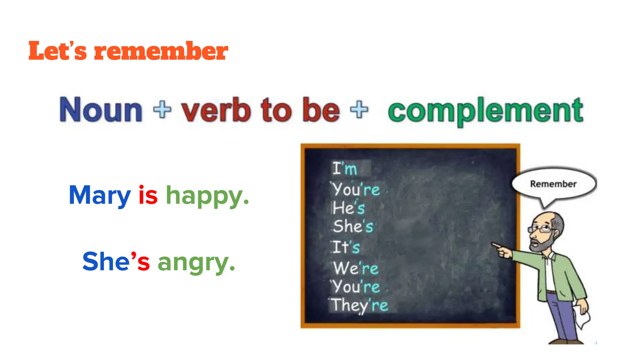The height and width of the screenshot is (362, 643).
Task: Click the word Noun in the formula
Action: (x=101, y=110)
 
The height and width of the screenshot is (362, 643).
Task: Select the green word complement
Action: (x=485, y=111)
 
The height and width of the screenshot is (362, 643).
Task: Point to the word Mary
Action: (x=100, y=195)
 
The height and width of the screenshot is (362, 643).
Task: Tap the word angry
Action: (x=196, y=263)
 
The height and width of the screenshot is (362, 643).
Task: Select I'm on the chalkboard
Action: (x=345, y=168)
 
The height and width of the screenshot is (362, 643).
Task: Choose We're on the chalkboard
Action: (x=356, y=268)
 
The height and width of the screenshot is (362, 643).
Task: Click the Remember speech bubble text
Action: (x=553, y=184)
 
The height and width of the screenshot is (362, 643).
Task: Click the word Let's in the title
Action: (x=57, y=51)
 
